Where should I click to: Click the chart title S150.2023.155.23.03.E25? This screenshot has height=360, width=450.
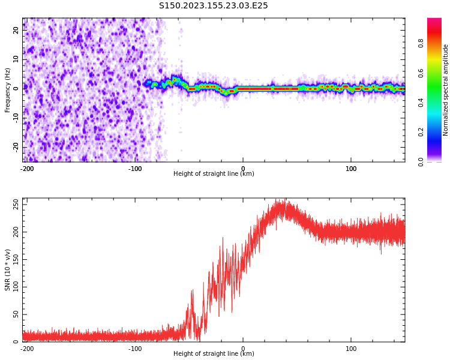pos(214,6)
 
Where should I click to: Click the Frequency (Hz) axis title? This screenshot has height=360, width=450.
pos(8,90)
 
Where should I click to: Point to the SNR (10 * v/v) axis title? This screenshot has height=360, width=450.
pos(8,270)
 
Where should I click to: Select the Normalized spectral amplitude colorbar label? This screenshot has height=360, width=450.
pos(446,90)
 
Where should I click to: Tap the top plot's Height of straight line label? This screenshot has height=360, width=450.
pos(214,174)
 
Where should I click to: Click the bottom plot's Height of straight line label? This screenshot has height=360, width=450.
pos(214,354)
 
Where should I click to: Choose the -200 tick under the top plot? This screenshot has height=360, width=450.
pos(26,169)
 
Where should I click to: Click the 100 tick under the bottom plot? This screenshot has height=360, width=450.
pos(351,349)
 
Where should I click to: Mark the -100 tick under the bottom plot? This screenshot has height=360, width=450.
pos(135,349)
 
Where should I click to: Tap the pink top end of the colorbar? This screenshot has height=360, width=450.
pos(434,21)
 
